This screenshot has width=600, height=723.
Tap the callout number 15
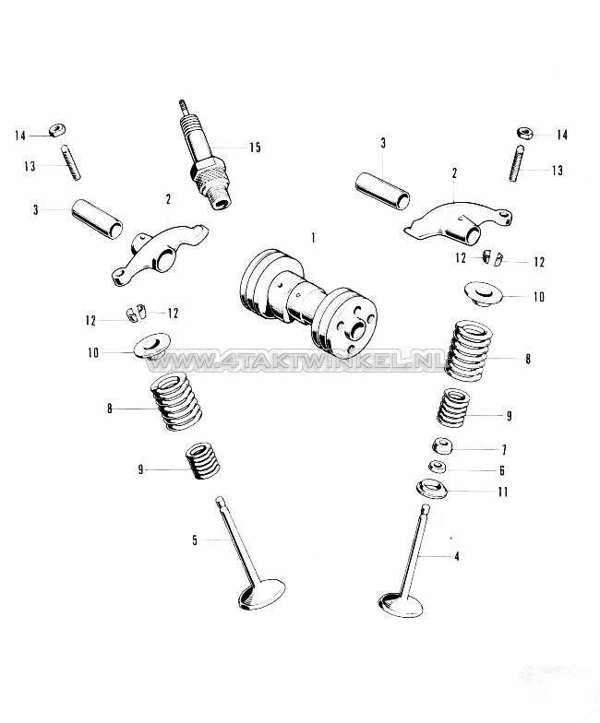point(255,148)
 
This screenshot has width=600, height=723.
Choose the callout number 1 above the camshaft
point(314,239)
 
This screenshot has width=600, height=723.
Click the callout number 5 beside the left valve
point(195,540)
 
